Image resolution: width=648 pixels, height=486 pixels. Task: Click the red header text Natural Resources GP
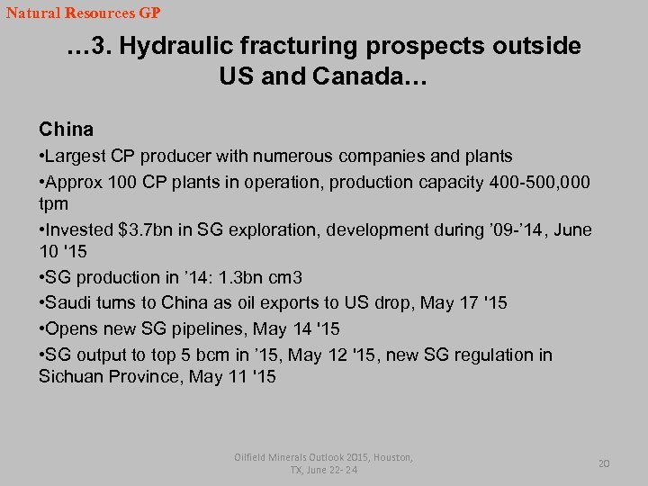(83, 13)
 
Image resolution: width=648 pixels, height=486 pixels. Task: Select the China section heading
(66, 130)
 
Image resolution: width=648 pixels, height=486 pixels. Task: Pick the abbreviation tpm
(53, 203)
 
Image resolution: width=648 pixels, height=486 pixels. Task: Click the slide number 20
(604, 463)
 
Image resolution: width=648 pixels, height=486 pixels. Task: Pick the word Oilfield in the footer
(254, 457)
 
